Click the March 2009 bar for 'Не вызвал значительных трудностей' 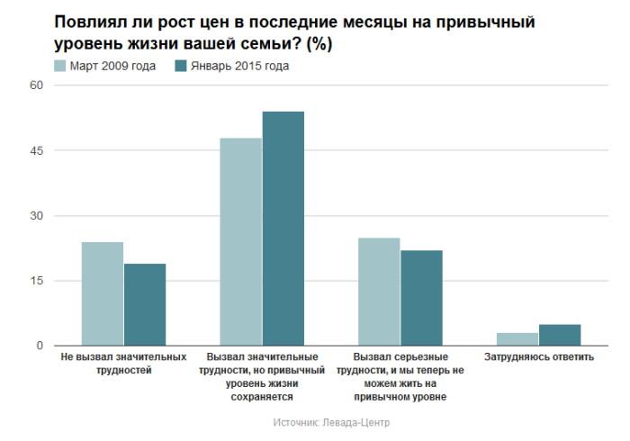(102, 293)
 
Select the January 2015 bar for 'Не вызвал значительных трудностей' (144, 304)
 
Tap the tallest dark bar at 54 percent (283, 229)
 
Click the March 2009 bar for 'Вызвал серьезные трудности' (379, 292)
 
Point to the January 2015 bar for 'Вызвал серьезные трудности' (421, 298)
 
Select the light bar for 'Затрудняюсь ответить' (517, 339)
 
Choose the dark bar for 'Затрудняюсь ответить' (560, 335)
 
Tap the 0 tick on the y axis (40, 346)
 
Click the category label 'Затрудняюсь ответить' (538, 357)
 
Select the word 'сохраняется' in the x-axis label (261, 395)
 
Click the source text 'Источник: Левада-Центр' (330, 422)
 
